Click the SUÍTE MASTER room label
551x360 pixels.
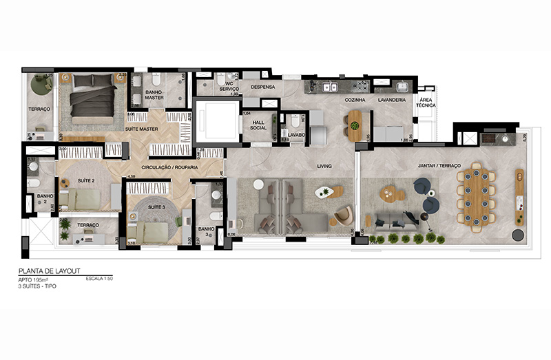pyautogui.click(x=142, y=129)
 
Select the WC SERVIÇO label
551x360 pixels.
pyautogui.click(x=229, y=87)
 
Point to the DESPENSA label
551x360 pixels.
pyautogui.click(x=263, y=87)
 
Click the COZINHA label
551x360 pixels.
pyautogui.click(x=355, y=100)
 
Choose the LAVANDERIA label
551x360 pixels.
pyautogui.click(x=391, y=100)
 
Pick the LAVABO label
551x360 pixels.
pyautogui.click(x=298, y=135)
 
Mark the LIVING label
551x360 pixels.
pyautogui.click(x=325, y=166)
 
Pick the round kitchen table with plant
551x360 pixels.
pyautogui.click(x=355, y=125)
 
